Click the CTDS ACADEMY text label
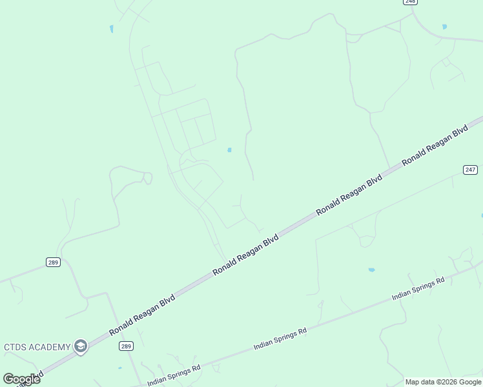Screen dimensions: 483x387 click(37, 347)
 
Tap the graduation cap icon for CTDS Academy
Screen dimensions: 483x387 click(80, 347)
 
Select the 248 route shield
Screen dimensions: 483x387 click(410, 1)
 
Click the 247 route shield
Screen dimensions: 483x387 click(470, 170)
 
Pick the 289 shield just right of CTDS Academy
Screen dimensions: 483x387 click(127, 346)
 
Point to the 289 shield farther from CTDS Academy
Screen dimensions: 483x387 click(53, 262)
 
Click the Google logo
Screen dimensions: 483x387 click(21, 379)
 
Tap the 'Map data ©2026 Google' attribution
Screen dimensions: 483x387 click(444, 382)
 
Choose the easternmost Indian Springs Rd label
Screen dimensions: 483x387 click(418, 290)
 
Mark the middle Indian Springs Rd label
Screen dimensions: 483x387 click(280, 339)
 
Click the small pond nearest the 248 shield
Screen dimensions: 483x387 click(444, 26)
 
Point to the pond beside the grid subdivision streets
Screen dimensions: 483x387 click(229, 150)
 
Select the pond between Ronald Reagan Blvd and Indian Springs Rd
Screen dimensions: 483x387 click(371, 270)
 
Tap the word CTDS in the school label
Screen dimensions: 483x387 click(15, 347)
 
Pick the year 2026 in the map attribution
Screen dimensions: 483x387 click(451, 382)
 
